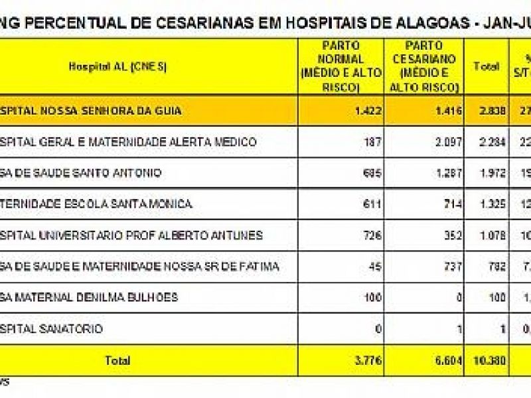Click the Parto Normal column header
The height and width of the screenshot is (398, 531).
pyautogui.click(x=341, y=66)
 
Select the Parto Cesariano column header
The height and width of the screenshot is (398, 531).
pyautogui.click(x=424, y=66)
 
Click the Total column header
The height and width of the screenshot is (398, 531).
pyautogui.click(x=486, y=66)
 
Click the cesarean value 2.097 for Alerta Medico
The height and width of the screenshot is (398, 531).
pyautogui.click(x=448, y=142)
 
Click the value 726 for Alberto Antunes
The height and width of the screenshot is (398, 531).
pyautogui.click(x=372, y=235)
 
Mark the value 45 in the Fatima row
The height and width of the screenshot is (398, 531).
pyautogui.click(x=375, y=267)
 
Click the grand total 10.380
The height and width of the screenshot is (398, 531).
pyautogui.click(x=485, y=361)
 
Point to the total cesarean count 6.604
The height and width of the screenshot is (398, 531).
pyautogui.click(x=448, y=361)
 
